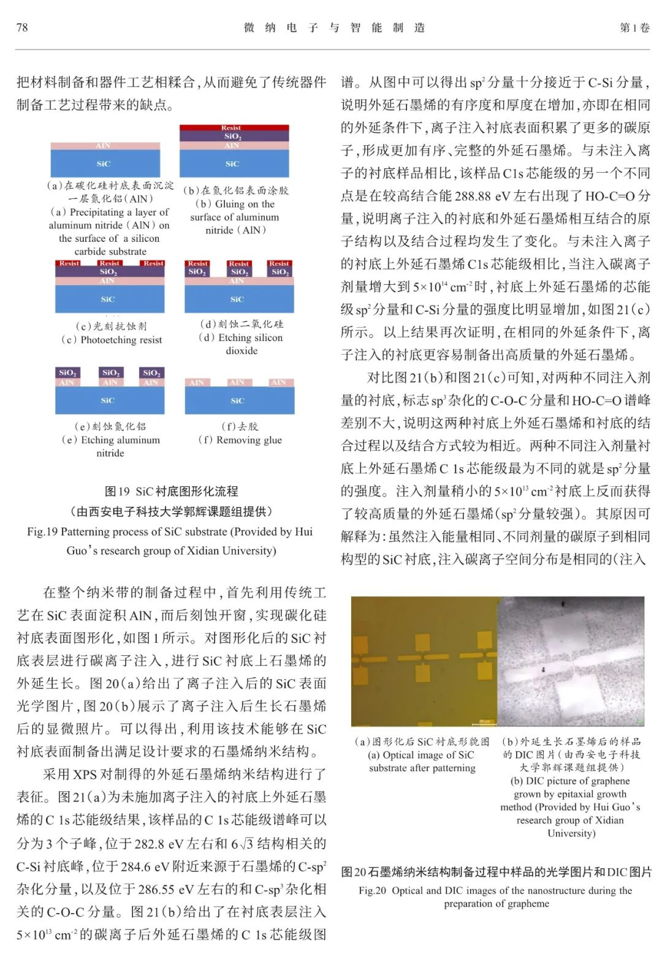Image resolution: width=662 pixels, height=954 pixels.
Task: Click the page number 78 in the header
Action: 22,28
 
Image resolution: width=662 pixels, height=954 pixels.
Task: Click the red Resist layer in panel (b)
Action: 234,128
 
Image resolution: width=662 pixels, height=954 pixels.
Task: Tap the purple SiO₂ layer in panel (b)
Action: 234,137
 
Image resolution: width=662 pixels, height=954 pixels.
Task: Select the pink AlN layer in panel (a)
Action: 105,146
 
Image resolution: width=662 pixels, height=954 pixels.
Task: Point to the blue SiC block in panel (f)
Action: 240,400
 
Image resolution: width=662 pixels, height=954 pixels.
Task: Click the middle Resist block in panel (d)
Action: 239,263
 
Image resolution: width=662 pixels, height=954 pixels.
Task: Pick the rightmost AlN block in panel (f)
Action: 279,383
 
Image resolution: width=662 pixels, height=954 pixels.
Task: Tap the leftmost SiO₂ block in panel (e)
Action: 67,372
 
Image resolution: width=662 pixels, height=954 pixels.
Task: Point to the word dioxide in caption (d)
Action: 242,351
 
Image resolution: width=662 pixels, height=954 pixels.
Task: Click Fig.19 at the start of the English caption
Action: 42,531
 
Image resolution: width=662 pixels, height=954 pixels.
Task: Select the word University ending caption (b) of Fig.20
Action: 571,833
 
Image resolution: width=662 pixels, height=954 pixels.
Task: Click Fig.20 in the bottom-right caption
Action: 373,890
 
